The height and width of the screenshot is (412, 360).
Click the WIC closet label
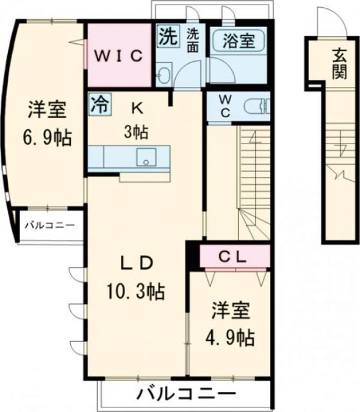tap(119, 56)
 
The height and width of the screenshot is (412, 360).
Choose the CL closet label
tap(231, 257)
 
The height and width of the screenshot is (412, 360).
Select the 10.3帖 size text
tap(137, 291)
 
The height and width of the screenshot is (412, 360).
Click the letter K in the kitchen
tap(137, 108)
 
